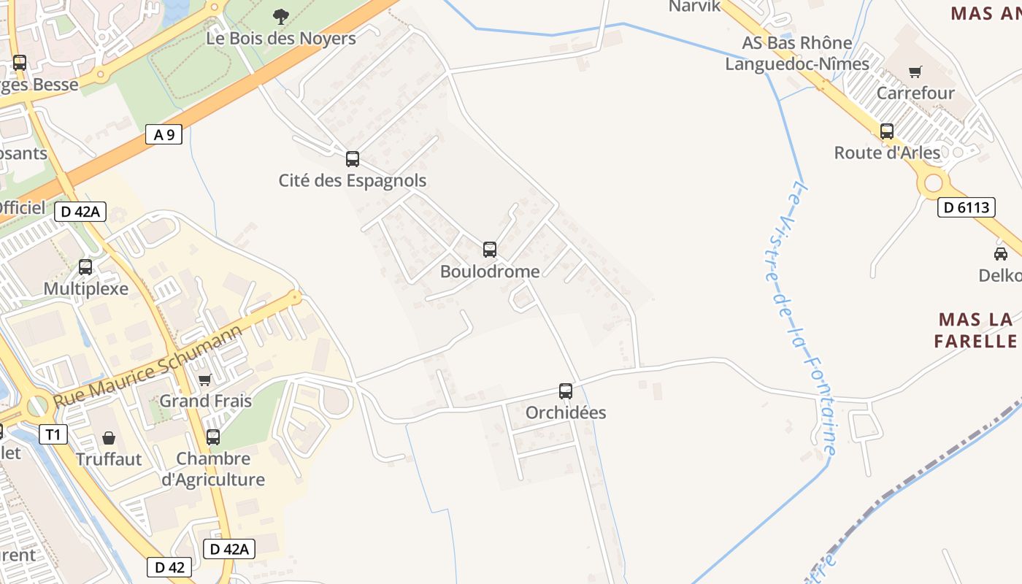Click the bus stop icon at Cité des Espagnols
pos(353,158)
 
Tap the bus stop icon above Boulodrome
pos(490,250)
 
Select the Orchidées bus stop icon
pos(566,391)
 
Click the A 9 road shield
pos(164,134)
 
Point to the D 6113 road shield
pos(966,207)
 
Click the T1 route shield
pos(52,435)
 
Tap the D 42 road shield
pos(169,566)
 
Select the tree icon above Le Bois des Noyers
pos(280,16)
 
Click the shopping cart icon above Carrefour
pos(915,72)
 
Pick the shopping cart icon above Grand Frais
pos(205,380)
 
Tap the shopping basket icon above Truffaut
pos(109,438)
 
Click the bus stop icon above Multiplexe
pos(85,267)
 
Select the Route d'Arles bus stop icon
pos(887,131)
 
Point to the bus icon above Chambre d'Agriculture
pos(213,437)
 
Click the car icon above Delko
pos(1000,253)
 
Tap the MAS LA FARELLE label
pos(975,330)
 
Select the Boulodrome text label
pos(490,272)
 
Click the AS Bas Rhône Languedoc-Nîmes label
pos(797,53)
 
